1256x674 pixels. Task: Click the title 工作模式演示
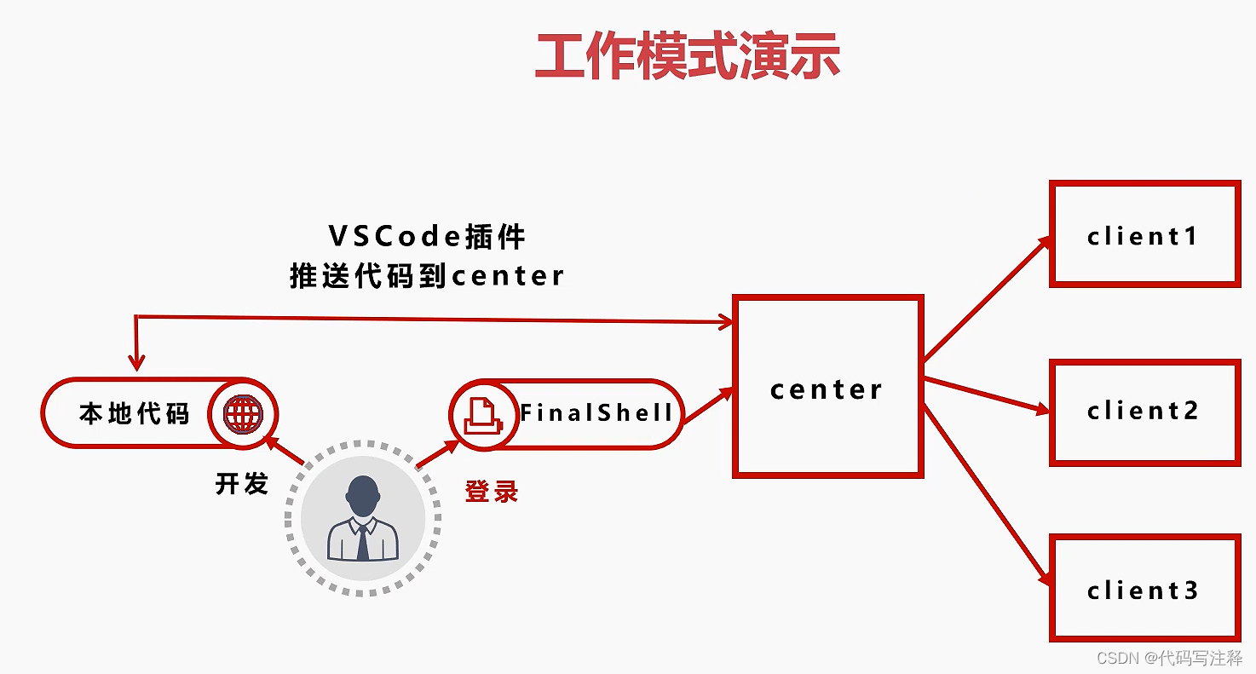coord(688,58)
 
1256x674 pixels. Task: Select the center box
coord(827,386)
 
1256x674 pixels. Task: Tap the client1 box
coord(1144,234)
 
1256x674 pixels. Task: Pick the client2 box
coord(1144,412)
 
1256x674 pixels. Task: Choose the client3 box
coord(1144,589)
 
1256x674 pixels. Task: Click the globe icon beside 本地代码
coord(243,414)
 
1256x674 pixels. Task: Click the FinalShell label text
coord(596,414)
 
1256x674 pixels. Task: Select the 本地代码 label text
coord(134,414)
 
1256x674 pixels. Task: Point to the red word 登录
coord(492,492)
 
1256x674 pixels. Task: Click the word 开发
coord(242,484)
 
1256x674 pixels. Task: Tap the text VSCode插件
coord(427,236)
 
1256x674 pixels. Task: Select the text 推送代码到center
coord(427,276)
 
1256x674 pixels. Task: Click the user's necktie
coord(363,542)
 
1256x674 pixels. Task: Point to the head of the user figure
coord(363,494)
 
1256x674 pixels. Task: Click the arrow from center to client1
coord(986,298)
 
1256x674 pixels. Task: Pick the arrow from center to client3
coord(986,494)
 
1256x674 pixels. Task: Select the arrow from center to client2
coord(986,395)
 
